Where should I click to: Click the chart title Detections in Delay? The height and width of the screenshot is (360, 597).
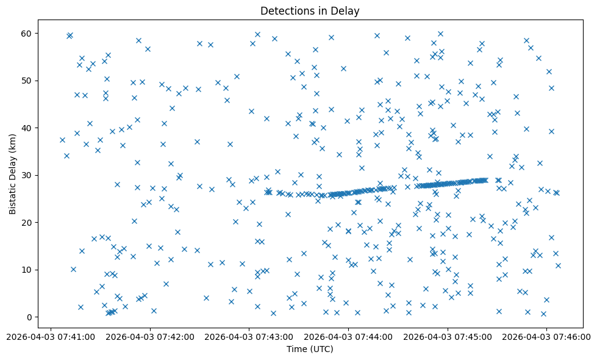pyautogui.click(x=310, y=10)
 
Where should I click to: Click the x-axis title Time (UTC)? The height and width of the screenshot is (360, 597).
pyautogui.click(x=310, y=350)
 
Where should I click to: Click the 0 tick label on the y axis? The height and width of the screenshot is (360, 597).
pyautogui.click(x=30, y=317)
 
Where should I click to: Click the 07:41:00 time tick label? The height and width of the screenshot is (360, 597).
pyautogui.click(x=51, y=336)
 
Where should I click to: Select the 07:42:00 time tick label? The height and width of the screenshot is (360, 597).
pyautogui.click(x=149, y=336)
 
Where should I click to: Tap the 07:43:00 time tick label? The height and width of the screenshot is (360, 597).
pyautogui.click(x=249, y=336)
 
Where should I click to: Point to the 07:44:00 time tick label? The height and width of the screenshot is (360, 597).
pyautogui.click(x=348, y=336)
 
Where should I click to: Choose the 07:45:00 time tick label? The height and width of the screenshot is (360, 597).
pyautogui.click(x=448, y=336)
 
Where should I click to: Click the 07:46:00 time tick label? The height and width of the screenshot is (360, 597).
pyautogui.click(x=546, y=336)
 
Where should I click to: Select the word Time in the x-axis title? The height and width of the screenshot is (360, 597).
pyautogui.click(x=297, y=350)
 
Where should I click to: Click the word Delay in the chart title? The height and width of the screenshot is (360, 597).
pyautogui.click(x=346, y=10)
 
